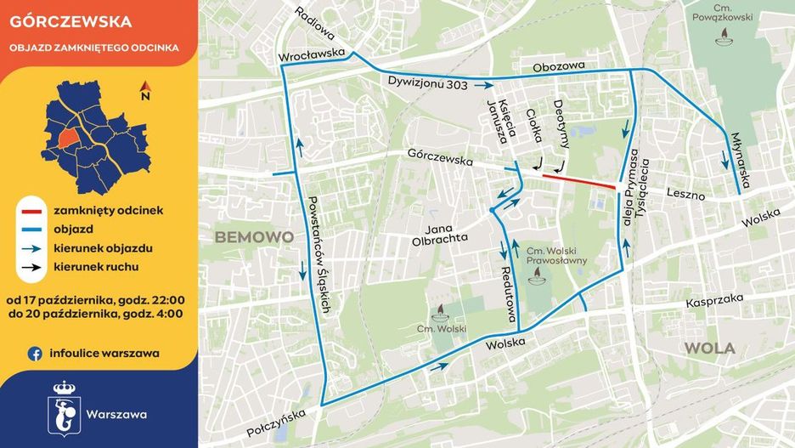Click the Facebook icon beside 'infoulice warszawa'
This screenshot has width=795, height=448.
(x=36, y=353)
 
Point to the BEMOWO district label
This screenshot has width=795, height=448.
(x=254, y=235)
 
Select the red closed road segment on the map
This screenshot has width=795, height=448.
(x=579, y=181)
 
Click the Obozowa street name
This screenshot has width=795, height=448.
(x=559, y=66)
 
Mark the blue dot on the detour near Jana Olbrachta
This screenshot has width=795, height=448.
(x=492, y=209)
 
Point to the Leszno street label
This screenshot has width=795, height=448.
(x=685, y=195)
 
